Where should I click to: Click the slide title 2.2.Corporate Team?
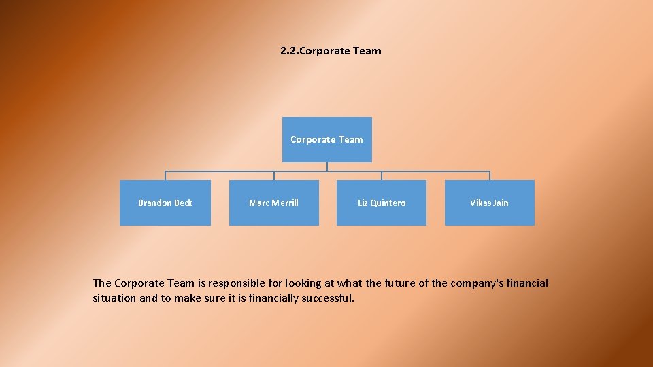coord(331,51)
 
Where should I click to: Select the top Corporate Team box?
coord(326,139)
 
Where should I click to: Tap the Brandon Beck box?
coord(165,203)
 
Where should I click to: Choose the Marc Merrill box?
coord(273,203)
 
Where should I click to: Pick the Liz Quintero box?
coord(382,203)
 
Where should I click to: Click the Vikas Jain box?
coord(489,203)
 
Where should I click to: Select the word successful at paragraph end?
coord(329,298)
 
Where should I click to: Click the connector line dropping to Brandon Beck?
coord(165,175)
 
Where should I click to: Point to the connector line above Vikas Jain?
coord(489,175)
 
